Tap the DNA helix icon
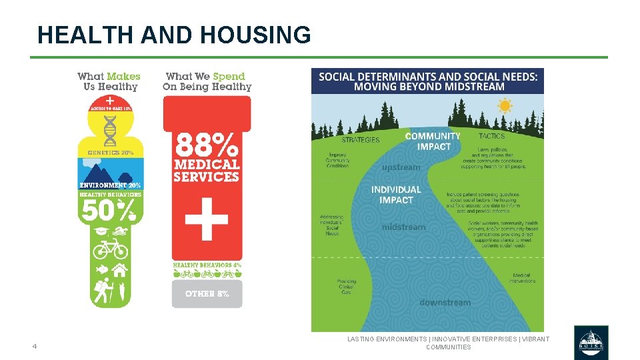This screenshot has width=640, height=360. tap(110, 130)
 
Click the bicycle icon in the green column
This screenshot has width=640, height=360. tap(110, 249)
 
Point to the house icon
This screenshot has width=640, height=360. tap(120, 270)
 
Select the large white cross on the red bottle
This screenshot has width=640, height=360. tap(206, 218)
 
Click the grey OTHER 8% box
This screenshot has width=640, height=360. tap(207, 293)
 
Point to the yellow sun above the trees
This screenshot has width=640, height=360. tap(505, 105)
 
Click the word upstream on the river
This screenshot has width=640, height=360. tap(401, 167)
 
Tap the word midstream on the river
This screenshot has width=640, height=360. tap(403, 227)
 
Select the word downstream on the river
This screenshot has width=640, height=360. tap(445, 303)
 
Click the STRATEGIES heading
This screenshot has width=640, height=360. tap(360, 140)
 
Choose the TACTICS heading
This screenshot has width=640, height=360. tap(492, 136)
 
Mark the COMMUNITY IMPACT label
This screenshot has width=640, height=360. tap(433, 141)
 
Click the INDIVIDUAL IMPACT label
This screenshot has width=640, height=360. tap(396, 195)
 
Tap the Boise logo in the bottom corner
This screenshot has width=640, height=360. tap(591, 343)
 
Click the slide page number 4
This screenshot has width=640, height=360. tap(34, 346)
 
